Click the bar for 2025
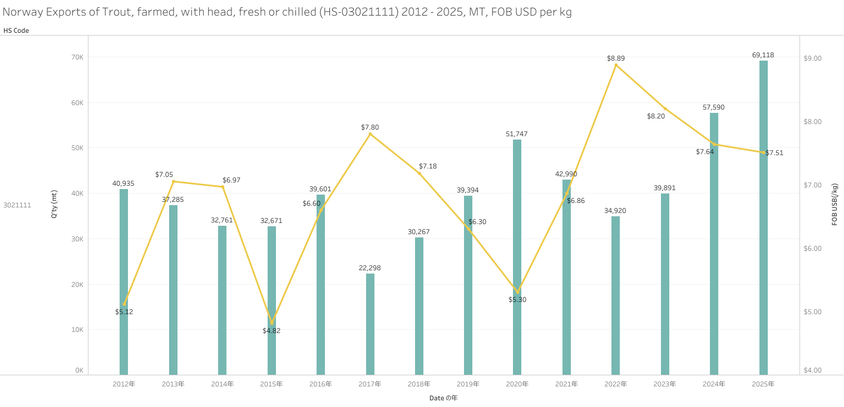point(763,217)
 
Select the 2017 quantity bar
point(370,324)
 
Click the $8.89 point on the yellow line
point(616,65)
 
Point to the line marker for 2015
point(272,323)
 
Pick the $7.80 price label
point(370,127)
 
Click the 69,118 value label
point(763,55)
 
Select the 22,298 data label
point(370,268)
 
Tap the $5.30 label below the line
point(517,300)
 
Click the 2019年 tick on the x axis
point(468,384)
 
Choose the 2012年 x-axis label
point(124,384)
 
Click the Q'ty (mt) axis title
point(54,204)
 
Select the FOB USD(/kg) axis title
point(835,204)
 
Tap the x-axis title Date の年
point(443,398)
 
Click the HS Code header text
point(16,31)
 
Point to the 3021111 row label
point(17,205)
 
